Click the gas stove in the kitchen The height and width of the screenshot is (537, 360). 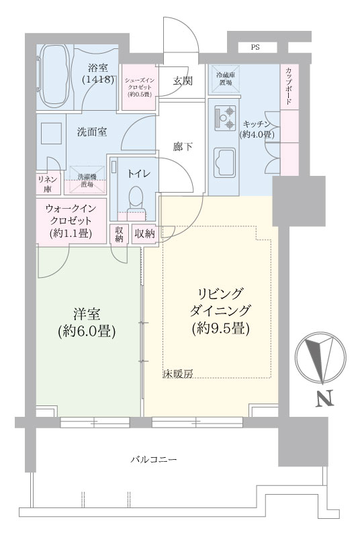(225, 117)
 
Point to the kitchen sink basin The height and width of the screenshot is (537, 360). (224, 162)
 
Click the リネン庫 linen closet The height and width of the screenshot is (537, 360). (48, 183)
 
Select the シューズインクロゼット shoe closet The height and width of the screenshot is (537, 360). (140, 87)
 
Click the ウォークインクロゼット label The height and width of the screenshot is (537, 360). (71, 220)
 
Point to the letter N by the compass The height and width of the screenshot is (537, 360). (324, 399)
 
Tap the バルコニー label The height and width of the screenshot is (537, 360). (154, 459)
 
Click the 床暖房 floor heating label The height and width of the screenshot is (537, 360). (178, 374)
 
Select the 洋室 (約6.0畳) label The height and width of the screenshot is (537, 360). (87, 322)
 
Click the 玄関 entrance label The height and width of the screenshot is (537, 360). (183, 81)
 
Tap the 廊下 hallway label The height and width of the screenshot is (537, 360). (182, 147)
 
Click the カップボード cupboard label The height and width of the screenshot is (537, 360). (289, 87)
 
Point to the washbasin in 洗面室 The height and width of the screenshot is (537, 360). (51, 133)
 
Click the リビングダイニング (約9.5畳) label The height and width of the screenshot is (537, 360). (220, 311)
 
